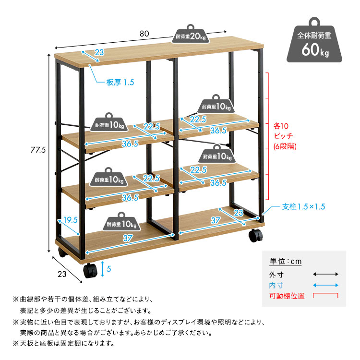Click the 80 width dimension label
click(144, 34)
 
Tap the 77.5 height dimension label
click(36, 150)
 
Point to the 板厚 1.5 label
click(120, 83)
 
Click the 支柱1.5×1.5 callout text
click(303, 207)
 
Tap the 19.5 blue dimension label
click(71, 220)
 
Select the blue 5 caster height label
click(109, 269)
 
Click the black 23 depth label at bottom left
click(61, 274)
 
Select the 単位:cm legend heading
click(285, 262)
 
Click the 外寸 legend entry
click(276, 275)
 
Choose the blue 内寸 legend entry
click(276, 286)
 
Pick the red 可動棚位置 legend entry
click(287, 296)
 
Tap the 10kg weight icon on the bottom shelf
click(122, 222)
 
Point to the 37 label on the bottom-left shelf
click(127, 238)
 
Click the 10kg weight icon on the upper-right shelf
click(216, 105)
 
